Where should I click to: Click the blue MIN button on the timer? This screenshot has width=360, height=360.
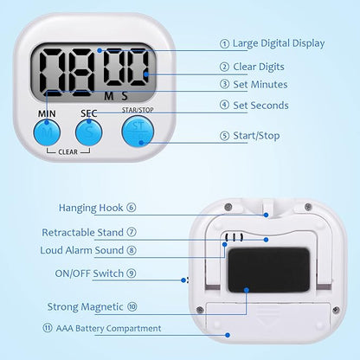[x=46, y=133]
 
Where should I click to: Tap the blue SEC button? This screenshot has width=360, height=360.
[x=89, y=133]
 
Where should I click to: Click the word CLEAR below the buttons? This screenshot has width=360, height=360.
[x=68, y=153]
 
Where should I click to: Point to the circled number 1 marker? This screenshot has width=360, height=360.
[x=225, y=42]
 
